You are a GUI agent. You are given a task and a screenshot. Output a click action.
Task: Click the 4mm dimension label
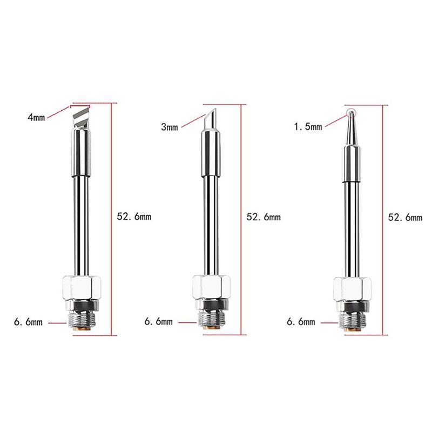[x=36, y=117]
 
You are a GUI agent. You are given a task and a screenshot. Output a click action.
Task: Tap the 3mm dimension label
[x=170, y=127]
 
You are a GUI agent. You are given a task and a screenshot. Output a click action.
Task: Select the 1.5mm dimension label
[x=308, y=126]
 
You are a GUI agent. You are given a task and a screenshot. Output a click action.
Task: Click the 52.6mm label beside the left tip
[x=134, y=217]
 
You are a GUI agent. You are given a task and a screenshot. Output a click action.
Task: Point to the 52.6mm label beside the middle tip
[x=264, y=217]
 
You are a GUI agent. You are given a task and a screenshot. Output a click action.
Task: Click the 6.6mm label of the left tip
[x=29, y=322]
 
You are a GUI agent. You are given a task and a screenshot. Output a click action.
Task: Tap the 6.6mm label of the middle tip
[x=159, y=321]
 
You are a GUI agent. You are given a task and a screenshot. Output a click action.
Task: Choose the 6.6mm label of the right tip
[x=301, y=321]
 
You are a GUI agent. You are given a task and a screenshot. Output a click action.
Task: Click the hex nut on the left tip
[x=82, y=287]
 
